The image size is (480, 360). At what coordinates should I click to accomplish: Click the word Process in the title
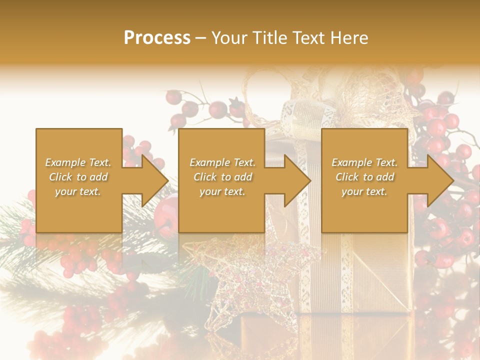click(157, 38)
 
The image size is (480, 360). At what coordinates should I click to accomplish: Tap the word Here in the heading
click(350, 38)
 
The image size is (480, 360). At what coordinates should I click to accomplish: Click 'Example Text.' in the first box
click(78, 162)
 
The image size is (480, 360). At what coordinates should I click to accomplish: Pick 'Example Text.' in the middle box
click(222, 162)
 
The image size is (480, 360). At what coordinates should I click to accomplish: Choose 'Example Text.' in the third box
click(364, 162)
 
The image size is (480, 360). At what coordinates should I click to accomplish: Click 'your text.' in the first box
click(78, 191)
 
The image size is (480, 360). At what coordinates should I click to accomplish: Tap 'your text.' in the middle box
click(222, 191)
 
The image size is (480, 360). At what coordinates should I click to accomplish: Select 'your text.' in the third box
click(364, 191)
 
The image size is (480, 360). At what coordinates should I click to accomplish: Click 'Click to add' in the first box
click(78, 177)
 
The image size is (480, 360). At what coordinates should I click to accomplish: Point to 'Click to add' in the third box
click(364, 177)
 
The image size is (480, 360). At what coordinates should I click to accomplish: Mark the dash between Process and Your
click(201, 38)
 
